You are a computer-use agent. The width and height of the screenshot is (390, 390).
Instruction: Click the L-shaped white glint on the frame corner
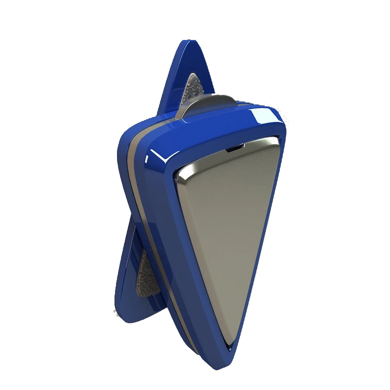pos(158,156)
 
